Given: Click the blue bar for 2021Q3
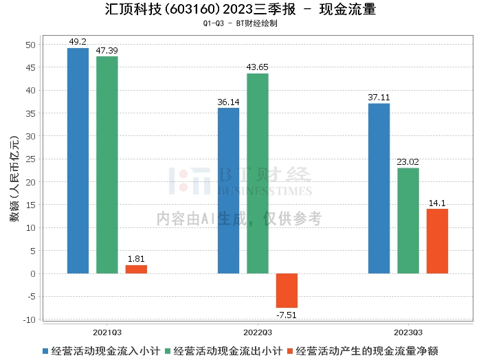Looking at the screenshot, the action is pos(78,161).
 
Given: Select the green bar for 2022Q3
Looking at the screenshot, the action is pos(258,174).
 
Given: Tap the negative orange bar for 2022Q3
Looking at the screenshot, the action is pos(287,291).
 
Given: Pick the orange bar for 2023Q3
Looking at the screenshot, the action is pos(437,241).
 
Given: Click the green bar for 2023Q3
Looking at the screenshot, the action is pos(408,221).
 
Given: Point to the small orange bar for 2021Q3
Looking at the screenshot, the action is pos(136,269).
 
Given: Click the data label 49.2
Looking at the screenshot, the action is pos(78,42).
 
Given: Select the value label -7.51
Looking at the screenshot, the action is pos(287,315).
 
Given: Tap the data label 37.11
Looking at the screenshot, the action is pos(379,98).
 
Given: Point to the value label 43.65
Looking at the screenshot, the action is pos(258,67).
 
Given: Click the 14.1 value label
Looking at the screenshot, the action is pos(437,203).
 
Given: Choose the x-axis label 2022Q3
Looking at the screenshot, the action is pos(258,333).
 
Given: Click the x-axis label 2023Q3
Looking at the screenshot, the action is pos(408,333).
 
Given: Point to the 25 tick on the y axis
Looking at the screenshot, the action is pos(31,159).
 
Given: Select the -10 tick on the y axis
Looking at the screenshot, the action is pos(30,319).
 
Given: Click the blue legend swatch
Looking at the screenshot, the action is pos(45,351).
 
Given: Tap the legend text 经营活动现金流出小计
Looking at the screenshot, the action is pos(228,351).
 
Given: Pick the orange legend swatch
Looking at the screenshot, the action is pos(290,351).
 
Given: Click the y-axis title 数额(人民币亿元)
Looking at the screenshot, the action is pos(14,179).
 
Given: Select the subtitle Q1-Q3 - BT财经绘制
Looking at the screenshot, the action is pos(240,23).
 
